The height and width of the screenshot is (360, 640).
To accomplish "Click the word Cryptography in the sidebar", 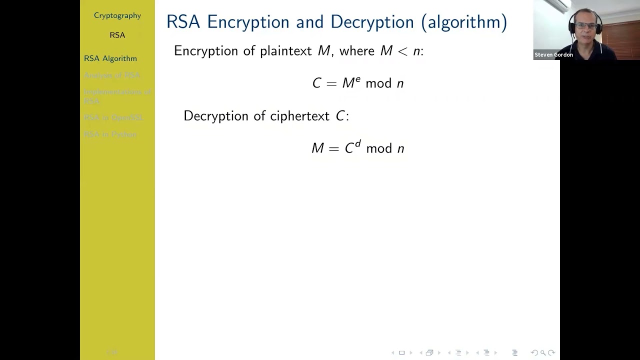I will (117, 15).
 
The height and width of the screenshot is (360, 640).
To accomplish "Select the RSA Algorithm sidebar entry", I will (110, 58).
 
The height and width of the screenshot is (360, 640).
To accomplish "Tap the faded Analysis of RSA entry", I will (112, 75).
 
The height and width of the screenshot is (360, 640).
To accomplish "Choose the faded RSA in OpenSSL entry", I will (113, 117).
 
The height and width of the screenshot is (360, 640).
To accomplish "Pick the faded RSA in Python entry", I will (110, 134).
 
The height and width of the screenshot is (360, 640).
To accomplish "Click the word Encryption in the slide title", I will (248, 22).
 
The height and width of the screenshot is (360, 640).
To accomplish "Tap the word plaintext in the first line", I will (285, 51).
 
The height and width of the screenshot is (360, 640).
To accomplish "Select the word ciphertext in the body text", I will (299, 116).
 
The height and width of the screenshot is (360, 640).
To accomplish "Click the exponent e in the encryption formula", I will (358, 79).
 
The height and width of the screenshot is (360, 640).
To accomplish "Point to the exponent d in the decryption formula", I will (358, 144).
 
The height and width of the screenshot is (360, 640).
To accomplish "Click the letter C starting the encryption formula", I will (316, 83).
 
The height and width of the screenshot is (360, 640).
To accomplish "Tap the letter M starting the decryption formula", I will (317, 148).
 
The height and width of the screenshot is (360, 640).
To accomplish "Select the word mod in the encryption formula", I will (378, 83).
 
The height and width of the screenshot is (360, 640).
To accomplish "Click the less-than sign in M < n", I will (402, 51).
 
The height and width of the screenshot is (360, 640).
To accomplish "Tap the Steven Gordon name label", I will (553, 55).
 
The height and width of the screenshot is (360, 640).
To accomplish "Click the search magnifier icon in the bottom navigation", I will (543, 353).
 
